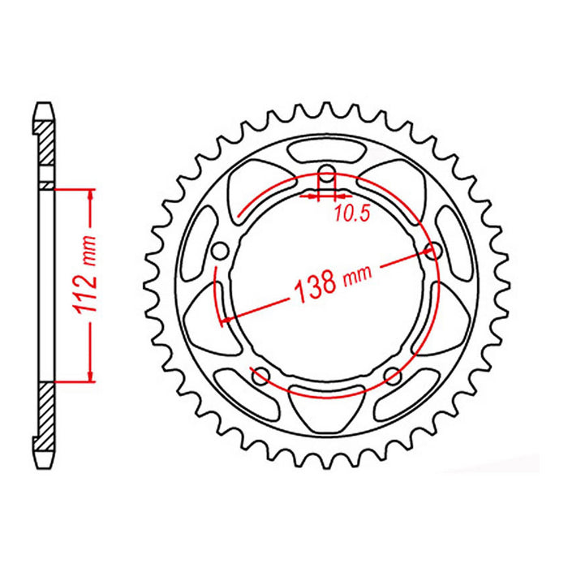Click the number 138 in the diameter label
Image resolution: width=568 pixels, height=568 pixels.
click(312, 286)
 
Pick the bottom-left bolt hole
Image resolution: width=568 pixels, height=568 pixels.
click(260, 375)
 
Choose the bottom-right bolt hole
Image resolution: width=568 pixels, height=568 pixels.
click(393, 375)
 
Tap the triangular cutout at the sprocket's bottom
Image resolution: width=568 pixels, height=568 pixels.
click(327, 410)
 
